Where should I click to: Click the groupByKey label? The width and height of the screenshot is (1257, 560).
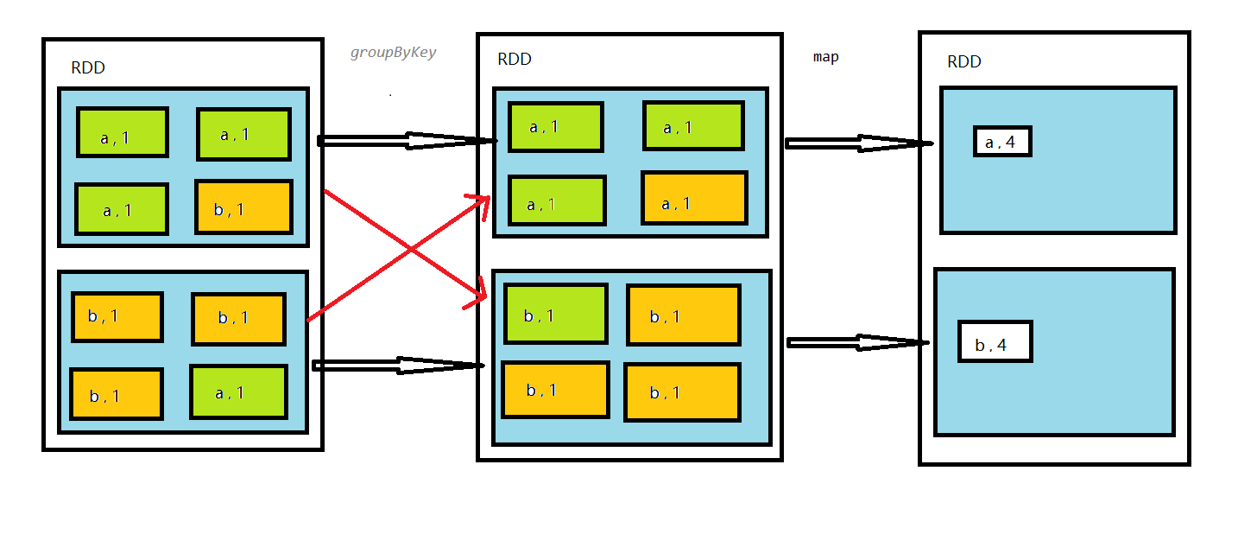(x=393, y=53)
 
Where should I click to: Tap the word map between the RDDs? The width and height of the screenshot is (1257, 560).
(x=825, y=57)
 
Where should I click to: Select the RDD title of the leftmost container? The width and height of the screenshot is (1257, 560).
(x=88, y=68)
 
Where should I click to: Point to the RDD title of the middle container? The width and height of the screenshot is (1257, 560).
(x=515, y=59)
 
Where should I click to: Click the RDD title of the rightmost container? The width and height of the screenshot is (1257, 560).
(x=963, y=61)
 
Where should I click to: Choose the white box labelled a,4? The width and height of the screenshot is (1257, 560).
(x=1001, y=141)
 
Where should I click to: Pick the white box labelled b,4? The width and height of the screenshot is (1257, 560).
(x=995, y=341)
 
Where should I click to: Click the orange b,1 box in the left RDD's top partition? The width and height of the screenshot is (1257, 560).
(x=243, y=207)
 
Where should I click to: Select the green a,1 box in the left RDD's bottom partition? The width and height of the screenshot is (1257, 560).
(x=238, y=391)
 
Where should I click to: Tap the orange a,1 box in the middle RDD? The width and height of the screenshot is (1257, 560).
(x=693, y=198)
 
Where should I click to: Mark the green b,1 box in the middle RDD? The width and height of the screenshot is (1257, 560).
(x=555, y=314)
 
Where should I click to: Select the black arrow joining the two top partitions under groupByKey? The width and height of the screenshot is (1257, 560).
(x=406, y=141)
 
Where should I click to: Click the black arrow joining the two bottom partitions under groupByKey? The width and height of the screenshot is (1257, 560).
(x=397, y=366)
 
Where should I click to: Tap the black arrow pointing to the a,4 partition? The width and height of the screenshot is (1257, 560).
(x=858, y=143)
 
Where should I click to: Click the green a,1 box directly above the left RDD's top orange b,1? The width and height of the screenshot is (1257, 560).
(x=243, y=134)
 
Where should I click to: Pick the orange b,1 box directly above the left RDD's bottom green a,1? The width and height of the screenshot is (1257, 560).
(x=238, y=319)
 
